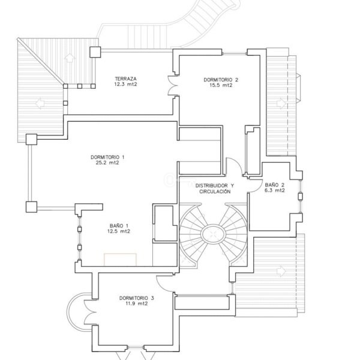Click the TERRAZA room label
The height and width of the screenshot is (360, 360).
coord(126,79)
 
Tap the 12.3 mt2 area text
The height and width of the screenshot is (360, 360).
coord(126,85)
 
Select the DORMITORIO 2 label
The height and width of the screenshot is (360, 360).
coord(221,79)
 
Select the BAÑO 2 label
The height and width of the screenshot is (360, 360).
coord(275,185)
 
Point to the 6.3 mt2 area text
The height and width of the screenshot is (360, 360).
coord(275,191)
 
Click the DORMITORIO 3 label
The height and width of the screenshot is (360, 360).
coord(137,298)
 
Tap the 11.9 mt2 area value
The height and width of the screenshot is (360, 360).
coord(137,304)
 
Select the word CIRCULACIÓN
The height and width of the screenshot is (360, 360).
coord(212,191)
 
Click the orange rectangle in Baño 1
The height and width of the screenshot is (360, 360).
coord(120,259)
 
